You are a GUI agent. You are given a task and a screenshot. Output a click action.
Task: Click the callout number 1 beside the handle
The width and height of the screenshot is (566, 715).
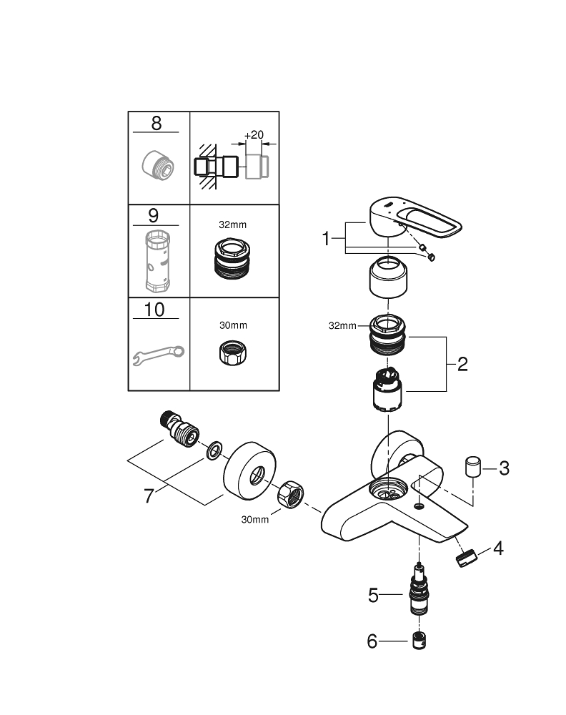pos(327,239)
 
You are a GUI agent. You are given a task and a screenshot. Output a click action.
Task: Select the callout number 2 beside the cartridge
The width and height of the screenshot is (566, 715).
pos(462,364)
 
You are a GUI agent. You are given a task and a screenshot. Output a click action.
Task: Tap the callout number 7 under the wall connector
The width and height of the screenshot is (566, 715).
pos(149,495)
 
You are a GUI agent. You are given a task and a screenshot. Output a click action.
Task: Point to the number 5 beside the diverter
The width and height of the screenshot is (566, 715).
pos(373,595)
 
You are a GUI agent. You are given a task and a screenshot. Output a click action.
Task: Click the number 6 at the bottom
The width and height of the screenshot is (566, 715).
pos(372,641)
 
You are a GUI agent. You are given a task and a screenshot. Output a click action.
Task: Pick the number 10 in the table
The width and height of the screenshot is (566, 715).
pos(154,310)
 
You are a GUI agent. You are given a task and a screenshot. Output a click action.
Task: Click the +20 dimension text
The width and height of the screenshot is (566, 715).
pos(253,135)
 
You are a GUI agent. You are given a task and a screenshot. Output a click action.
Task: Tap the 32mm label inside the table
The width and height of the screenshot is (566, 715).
pos(232,224)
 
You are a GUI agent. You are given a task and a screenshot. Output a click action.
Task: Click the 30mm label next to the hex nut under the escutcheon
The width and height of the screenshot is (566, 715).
pos(255,519)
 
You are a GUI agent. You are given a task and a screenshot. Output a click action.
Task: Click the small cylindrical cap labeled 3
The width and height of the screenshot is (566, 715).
pos(472,468)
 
